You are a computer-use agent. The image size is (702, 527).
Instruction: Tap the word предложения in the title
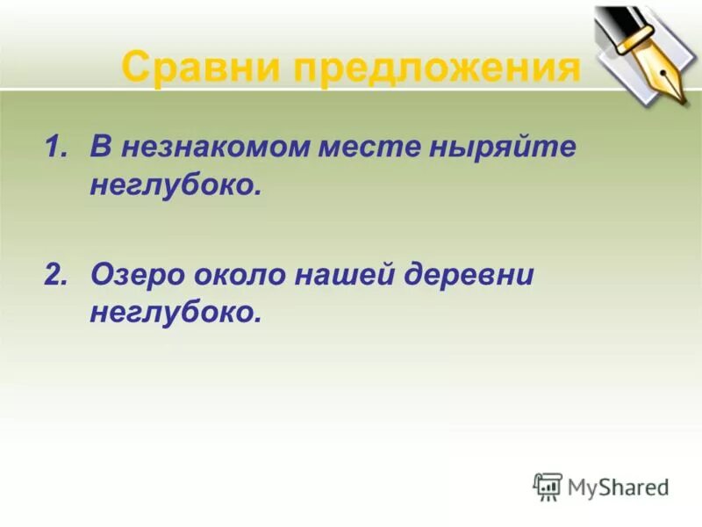pos(436,68)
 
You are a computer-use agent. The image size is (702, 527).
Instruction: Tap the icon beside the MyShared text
pos(548,486)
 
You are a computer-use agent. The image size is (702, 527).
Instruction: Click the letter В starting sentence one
pos(97,147)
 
